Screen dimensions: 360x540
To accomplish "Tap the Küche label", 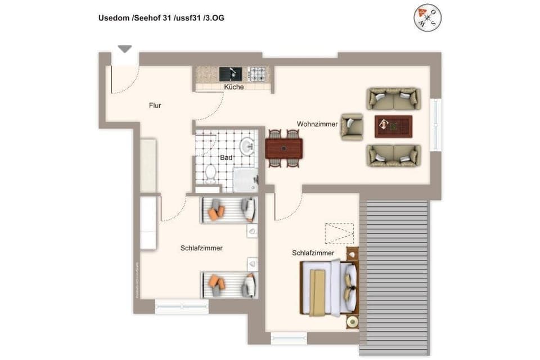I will click(234, 87).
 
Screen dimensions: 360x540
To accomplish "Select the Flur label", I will click(155, 105).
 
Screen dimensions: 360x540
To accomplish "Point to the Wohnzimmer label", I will click(317, 124).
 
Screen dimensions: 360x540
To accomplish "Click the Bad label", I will click(226, 158).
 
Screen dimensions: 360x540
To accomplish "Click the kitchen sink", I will click(231, 74).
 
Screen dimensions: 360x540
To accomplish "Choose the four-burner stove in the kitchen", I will click(258, 74).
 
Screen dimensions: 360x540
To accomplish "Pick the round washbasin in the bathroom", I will click(247, 147).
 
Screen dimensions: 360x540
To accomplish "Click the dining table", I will click(284, 148).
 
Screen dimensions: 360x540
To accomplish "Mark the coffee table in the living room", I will click(394, 126).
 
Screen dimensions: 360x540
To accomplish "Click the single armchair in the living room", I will click(352, 126).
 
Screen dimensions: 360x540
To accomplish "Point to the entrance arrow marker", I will click(125, 49).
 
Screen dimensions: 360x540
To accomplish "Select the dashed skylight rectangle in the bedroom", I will click(339, 233).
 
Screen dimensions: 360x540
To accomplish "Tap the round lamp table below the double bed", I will click(353, 322).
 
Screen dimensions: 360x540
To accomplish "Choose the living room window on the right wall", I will click(435, 125).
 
